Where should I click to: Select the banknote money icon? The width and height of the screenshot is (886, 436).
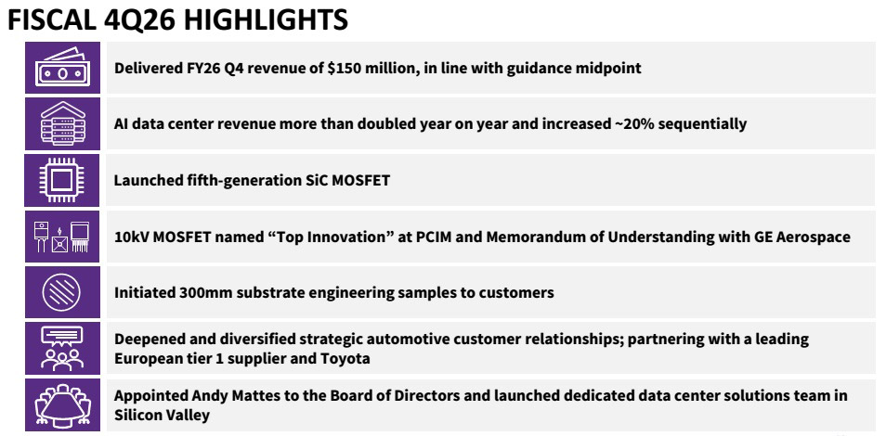pyautogui.click(x=62, y=67)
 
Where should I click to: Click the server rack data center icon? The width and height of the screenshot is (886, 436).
pyautogui.click(x=62, y=123)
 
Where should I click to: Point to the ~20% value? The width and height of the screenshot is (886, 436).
pyautogui.click(x=630, y=123)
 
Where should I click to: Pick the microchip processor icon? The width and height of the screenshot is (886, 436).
pyautogui.click(x=62, y=180)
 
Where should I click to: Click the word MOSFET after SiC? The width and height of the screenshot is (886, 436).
pyautogui.click(x=358, y=181)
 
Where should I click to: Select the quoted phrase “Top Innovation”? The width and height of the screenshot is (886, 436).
pyautogui.click(x=330, y=237)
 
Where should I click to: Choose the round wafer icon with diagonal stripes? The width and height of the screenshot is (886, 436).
pyautogui.click(x=62, y=292)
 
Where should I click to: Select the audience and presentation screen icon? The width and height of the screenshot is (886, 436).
pyautogui.click(x=62, y=348)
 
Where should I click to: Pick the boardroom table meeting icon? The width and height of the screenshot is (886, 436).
pyautogui.click(x=62, y=404)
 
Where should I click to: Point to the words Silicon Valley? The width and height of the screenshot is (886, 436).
pyautogui.click(x=162, y=415)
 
